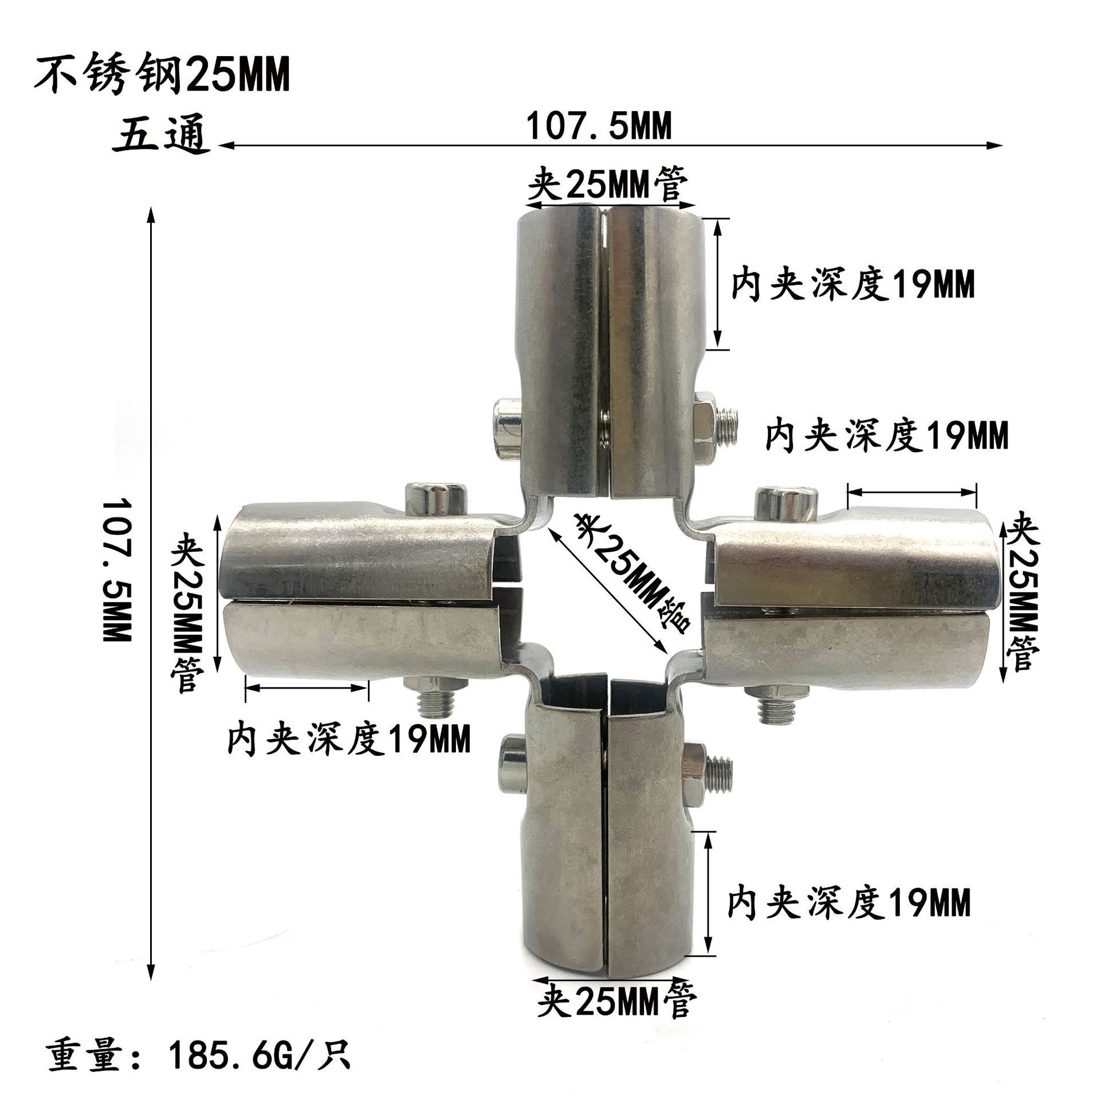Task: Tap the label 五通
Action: click(162, 138)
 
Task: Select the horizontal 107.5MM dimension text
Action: click(598, 127)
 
